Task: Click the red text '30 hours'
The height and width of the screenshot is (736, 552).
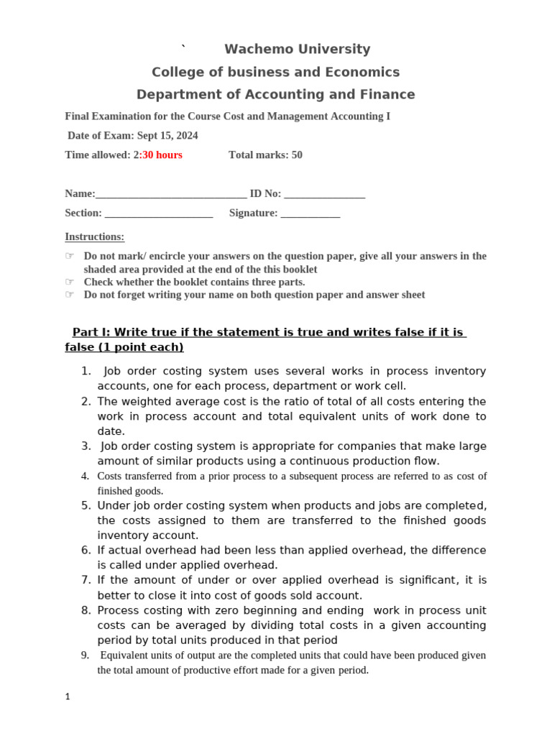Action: [162, 155]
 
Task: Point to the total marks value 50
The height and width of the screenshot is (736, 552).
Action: [297, 155]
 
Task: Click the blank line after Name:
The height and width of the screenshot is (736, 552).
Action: [170, 194]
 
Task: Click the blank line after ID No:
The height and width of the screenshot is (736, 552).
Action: [324, 194]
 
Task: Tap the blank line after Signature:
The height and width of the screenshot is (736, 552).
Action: [310, 213]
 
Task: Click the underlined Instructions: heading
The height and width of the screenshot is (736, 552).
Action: [94, 236]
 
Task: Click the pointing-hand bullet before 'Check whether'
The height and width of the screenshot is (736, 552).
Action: [70, 282]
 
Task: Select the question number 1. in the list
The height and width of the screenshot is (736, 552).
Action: [86, 372]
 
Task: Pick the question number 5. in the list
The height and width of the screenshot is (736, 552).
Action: [86, 505]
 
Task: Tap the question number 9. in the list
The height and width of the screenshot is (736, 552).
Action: [85, 655]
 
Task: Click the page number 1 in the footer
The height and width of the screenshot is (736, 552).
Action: [68, 696]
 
